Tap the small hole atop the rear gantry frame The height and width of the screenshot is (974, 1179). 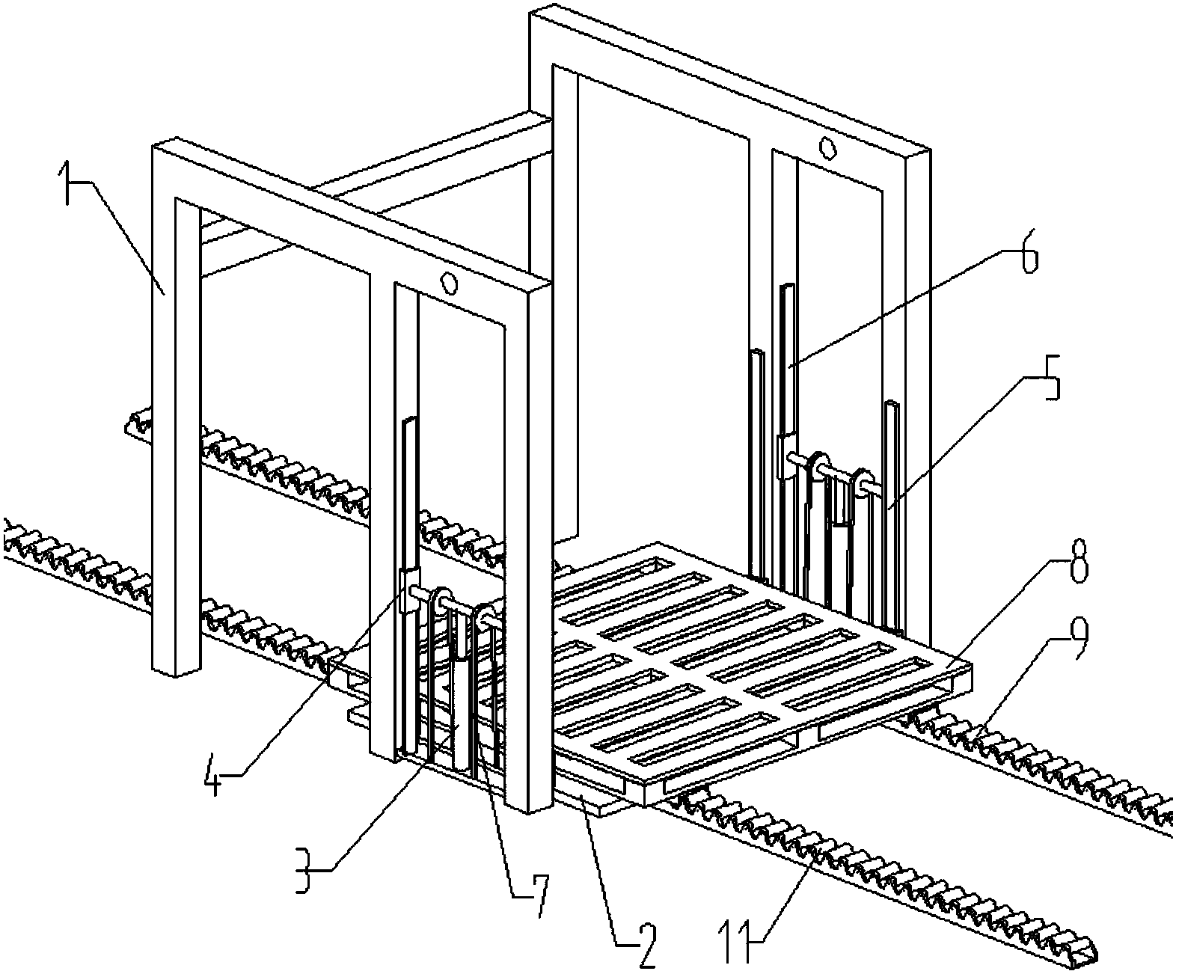click(827, 149)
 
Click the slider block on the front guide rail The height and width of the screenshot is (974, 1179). click(409, 591)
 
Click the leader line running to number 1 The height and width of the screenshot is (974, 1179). click(121, 237)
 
